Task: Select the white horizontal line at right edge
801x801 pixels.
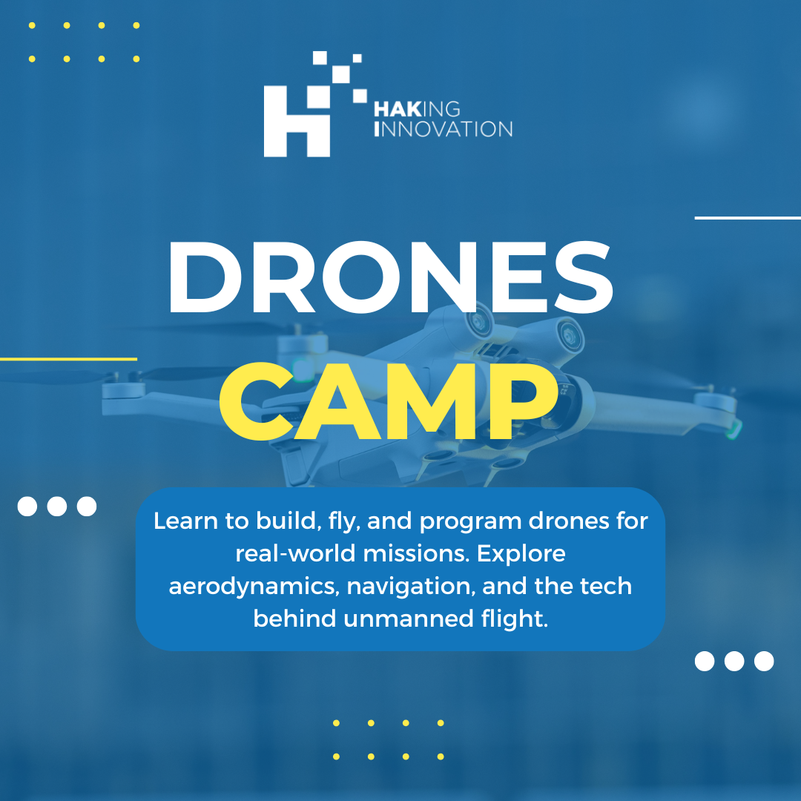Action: [x=748, y=218]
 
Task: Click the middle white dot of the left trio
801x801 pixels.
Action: [x=57, y=507]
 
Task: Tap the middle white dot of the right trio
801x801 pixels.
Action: [x=734, y=661]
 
